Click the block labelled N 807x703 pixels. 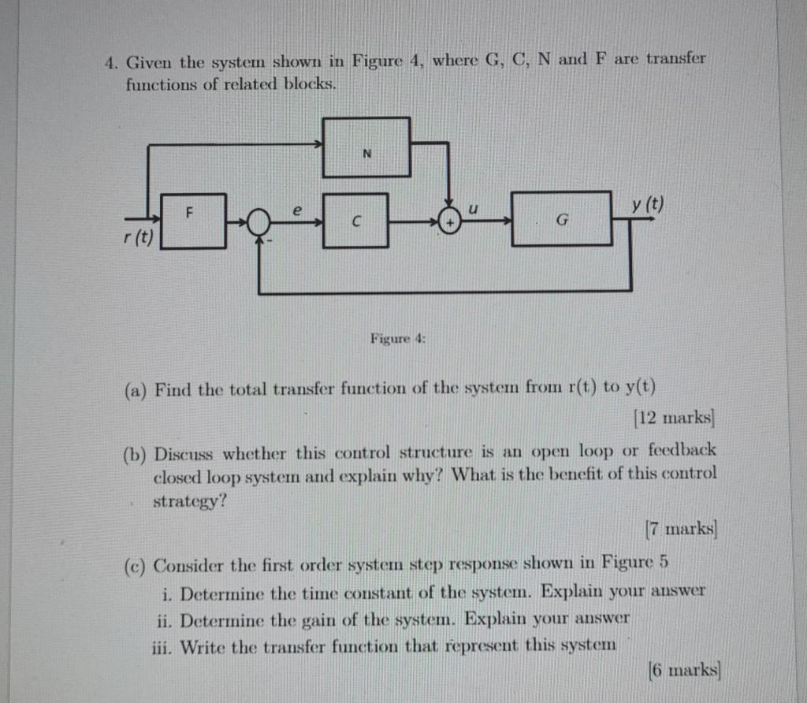coord(366,147)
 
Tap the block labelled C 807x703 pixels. coord(355,220)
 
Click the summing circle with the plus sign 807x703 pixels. coord(449,221)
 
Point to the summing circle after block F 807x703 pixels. coord(258,222)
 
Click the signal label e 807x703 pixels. coord(296,211)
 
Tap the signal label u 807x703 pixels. coord(473,210)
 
